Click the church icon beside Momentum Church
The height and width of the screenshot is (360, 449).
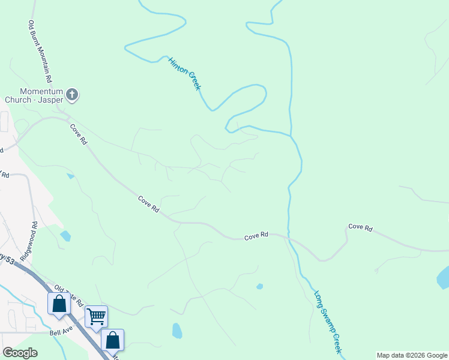click(72, 94)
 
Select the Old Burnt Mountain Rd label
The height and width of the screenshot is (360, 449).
click(40, 52)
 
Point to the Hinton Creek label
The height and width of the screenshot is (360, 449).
click(184, 74)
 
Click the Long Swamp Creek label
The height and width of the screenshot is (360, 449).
click(328, 322)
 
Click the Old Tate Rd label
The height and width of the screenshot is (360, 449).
click(67, 296)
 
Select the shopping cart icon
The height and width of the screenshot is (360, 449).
click(96, 316)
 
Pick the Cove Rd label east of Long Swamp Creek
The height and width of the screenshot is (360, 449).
click(360, 228)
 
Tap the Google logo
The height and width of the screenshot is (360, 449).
click(20, 353)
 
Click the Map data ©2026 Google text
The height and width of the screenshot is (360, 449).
click(411, 355)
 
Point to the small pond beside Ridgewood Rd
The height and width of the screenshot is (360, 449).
click(65, 236)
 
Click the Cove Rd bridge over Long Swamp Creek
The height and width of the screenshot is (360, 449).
click(289, 236)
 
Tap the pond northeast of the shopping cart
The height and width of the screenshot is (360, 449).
click(176, 331)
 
